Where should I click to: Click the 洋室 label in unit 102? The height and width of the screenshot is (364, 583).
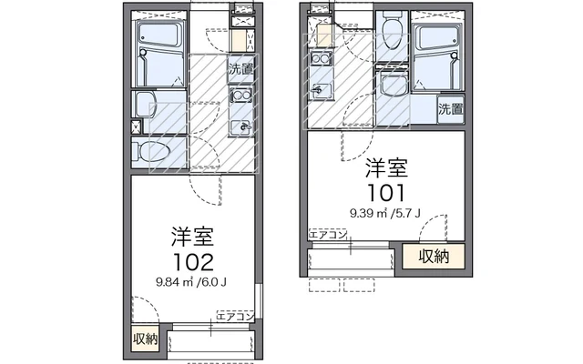(x=191, y=238)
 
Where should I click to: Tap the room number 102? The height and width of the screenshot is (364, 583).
(x=191, y=262)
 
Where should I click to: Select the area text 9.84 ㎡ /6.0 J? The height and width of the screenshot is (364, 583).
(x=191, y=281)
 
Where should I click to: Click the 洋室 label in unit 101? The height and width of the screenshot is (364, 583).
(x=386, y=168)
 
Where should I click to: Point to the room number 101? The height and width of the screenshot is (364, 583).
(x=386, y=192)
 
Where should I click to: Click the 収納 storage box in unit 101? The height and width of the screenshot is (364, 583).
(x=434, y=257)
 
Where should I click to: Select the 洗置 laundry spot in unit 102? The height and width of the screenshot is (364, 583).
(x=240, y=68)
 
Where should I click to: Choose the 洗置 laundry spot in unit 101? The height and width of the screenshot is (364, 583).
(x=450, y=109)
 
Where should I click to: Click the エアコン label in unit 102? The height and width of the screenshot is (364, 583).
(x=233, y=316)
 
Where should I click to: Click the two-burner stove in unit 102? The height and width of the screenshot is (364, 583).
(x=240, y=96)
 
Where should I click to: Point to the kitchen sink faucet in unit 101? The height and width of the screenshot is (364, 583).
(x=319, y=89)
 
